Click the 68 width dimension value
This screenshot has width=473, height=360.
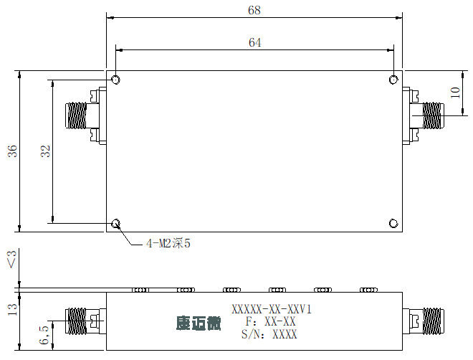click(254, 10)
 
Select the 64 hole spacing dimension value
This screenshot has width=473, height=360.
click(254, 42)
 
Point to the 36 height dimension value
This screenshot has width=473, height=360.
click(12, 151)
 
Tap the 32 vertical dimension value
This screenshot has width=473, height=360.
click(46, 151)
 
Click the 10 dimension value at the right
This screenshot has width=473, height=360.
click(455, 93)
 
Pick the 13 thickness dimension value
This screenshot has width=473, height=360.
click(12, 310)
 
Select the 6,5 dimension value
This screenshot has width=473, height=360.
click(44, 335)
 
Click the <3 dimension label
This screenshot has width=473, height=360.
click(12, 259)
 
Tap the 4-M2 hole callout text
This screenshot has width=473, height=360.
click(168, 243)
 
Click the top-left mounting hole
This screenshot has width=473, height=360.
click(116, 80)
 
